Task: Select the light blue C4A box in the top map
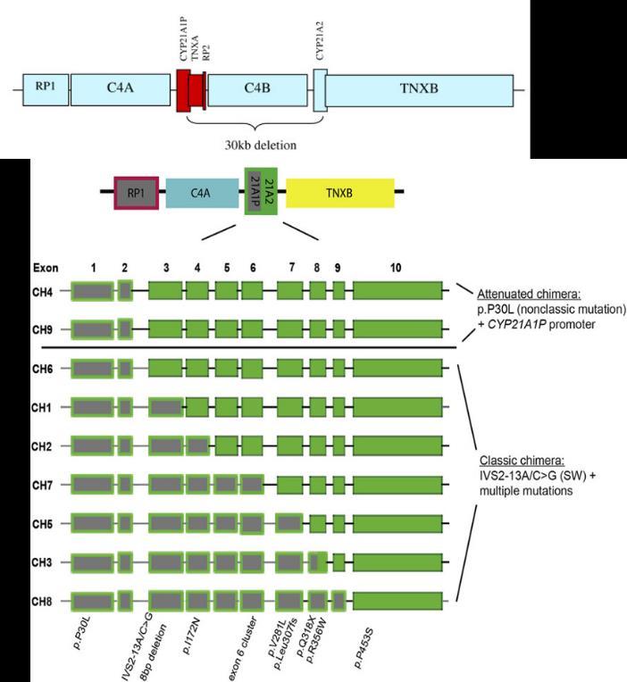click(121, 90)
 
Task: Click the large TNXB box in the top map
click(419, 90)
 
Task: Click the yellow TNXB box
click(339, 191)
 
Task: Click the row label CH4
click(43, 290)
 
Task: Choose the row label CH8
click(43, 600)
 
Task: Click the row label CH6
click(43, 368)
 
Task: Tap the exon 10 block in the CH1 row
click(398, 407)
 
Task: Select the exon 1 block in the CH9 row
click(92, 329)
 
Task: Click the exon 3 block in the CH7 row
click(165, 485)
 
